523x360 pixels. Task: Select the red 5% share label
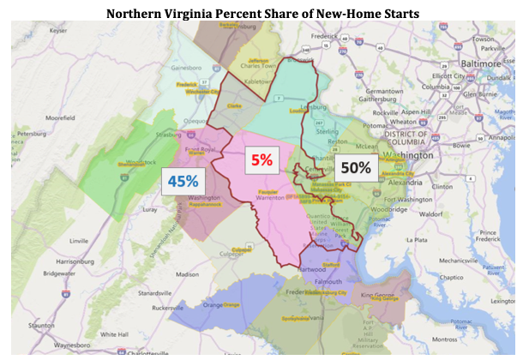(261, 159)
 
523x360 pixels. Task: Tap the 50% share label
(353, 167)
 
